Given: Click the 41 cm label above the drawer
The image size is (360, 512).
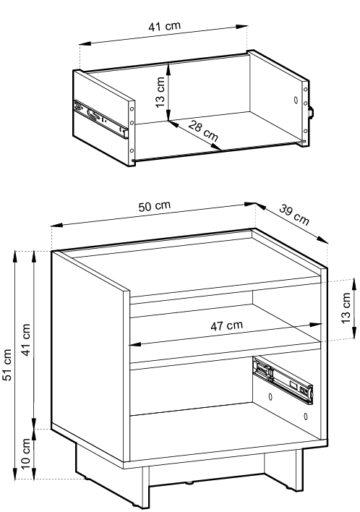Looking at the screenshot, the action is [164, 27].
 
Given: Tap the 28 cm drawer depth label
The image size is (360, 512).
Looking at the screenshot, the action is [203, 131].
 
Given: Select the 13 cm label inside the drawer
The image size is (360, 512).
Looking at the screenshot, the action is [160, 92].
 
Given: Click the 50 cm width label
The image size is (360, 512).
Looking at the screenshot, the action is [155, 206].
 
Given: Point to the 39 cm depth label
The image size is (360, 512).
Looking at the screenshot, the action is [293, 215].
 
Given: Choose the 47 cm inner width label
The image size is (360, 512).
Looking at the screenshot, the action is [226, 325].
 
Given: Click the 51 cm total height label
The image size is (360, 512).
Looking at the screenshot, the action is [7, 364].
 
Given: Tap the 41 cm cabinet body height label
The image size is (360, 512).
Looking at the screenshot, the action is [25, 340].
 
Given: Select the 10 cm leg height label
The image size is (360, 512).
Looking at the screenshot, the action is [25, 453].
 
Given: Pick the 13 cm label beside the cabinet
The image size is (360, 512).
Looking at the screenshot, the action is [346, 308].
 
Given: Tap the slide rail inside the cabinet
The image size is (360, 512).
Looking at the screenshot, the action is [283, 378].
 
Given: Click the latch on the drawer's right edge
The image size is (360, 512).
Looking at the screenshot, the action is [312, 112].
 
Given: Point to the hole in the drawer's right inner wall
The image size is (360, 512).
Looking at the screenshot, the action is [296, 100].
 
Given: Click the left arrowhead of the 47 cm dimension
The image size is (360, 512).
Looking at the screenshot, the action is [134, 344].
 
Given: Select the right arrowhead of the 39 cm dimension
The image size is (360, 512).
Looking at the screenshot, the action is [323, 240].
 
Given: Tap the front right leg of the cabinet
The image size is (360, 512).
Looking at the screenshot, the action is [295, 470].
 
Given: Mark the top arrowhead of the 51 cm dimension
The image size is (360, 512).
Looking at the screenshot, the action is [15, 256].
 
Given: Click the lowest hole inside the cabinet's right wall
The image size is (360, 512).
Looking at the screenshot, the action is [306, 417].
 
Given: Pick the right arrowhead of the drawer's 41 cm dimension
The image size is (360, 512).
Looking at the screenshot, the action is [242, 27].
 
